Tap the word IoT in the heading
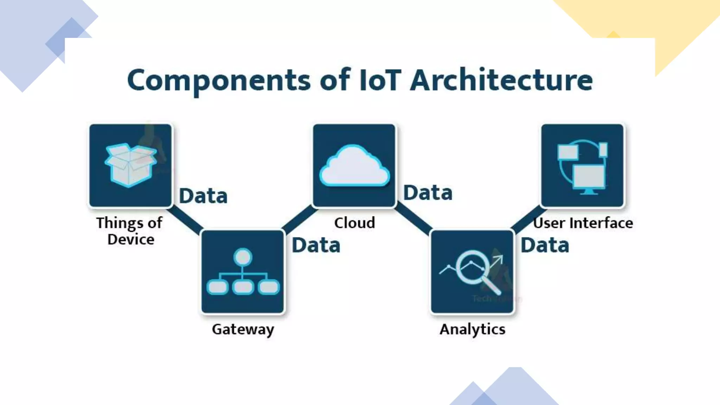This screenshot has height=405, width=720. tap(380, 80)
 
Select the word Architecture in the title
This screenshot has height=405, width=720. tap(501, 80)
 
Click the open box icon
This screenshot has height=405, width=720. tap(130, 165)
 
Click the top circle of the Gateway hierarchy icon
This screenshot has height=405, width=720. tap(243, 257)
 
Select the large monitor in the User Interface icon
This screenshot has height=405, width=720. tap(589, 177)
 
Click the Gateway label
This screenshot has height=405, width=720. tap(243, 329)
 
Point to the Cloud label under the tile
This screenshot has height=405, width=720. tap(354, 223)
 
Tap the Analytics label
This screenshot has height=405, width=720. tap(472, 329)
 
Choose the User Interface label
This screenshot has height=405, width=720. tap(583, 223)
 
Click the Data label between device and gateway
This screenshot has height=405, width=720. tap(203, 196)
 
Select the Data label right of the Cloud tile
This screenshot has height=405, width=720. tap(427, 193)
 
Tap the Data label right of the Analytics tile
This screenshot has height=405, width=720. tap(545, 245)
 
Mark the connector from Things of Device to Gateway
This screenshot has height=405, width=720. tap(185, 220)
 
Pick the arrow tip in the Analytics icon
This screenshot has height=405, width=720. tap(501, 258)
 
